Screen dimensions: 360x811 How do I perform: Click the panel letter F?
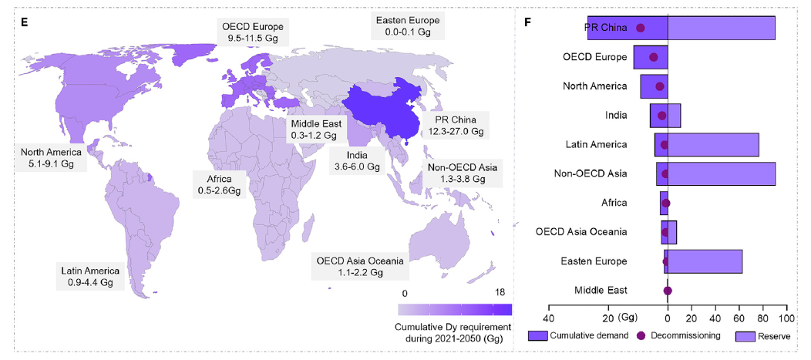[x=527, y=21]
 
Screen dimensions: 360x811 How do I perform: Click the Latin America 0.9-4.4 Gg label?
[x=90, y=276]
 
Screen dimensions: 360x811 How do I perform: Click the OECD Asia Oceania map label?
[x=359, y=266]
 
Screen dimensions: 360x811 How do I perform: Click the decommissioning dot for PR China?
[x=640, y=29]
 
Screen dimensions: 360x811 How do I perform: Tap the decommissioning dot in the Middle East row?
[x=668, y=291]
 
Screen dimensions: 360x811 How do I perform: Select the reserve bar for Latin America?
[x=713, y=145]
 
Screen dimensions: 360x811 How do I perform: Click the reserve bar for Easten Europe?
[x=705, y=261]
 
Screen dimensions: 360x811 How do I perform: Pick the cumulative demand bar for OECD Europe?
[x=651, y=58]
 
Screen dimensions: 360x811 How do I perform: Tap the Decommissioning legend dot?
[x=641, y=336]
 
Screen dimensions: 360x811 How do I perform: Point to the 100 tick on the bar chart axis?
[x=786, y=318]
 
